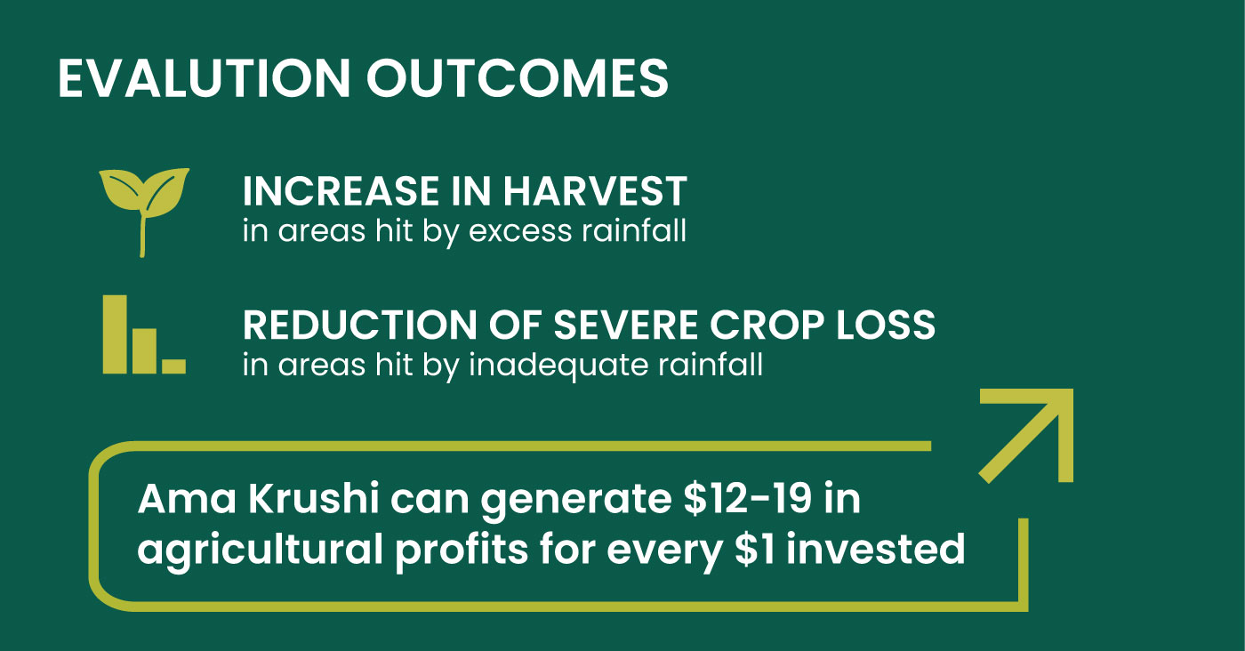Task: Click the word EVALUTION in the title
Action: [x=204, y=78]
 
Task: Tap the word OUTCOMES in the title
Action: [x=517, y=78]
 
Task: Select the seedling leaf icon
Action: [x=144, y=212]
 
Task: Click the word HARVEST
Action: [x=595, y=191]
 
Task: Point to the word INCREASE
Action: [x=341, y=191]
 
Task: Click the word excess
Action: [x=520, y=232]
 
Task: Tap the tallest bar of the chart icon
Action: [x=115, y=334]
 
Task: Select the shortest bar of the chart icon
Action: [x=174, y=366]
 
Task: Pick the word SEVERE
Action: [x=625, y=325]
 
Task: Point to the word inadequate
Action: [x=558, y=366]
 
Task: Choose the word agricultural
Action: [x=260, y=552]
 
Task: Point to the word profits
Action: [x=462, y=552]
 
